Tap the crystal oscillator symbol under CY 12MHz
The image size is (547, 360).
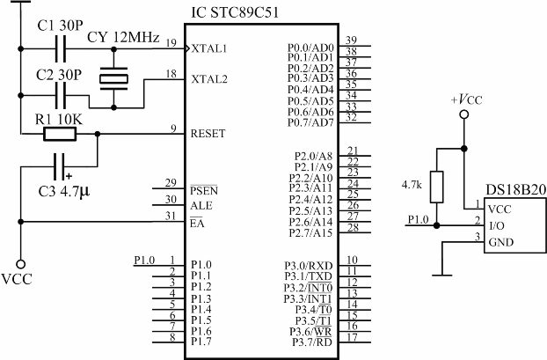(x=114, y=79)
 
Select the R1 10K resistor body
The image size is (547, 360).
(x=60, y=135)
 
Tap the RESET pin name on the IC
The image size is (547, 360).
(x=208, y=134)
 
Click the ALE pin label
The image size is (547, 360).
(x=201, y=204)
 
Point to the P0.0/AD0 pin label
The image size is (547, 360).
(x=310, y=47)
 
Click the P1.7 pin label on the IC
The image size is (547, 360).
(x=201, y=341)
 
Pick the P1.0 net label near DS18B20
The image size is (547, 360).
(x=419, y=219)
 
